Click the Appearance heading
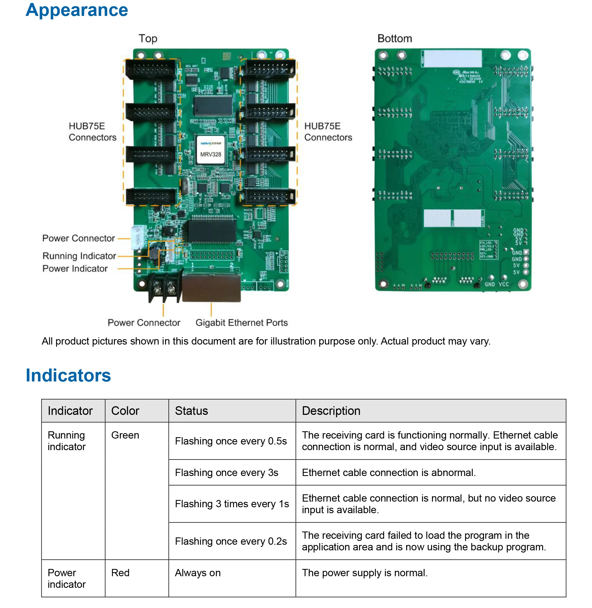coord(76,10)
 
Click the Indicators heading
coord(68,375)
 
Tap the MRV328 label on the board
coord(210,154)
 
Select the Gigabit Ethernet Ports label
coord(241,322)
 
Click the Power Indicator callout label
coord(75,268)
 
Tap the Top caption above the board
coord(148,39)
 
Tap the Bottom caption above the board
coord(394,39)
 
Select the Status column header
coord(191,411)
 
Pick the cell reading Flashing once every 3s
coord(226,472)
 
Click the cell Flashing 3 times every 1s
coord(232,503)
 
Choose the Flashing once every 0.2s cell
coord(231,541)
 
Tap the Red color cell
coord(120,572)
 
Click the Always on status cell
coord(198,572)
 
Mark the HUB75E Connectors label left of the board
coord(92,131)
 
